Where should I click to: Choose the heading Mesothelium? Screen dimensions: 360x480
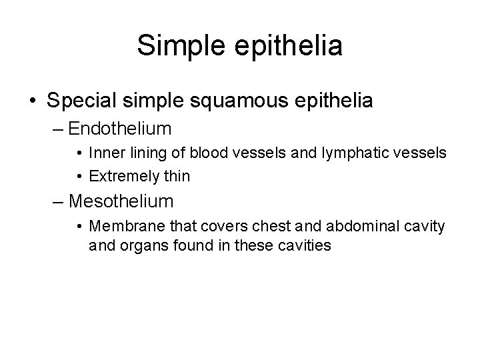pos(121,200)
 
